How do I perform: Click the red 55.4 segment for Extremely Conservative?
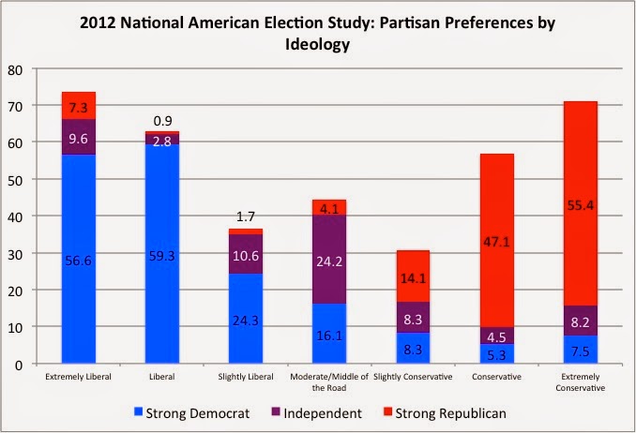tap(580, 203)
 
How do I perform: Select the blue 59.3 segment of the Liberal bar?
tap(162, 253)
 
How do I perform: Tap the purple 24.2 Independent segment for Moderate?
tap(329, 259)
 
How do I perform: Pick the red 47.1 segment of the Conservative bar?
tap(496, 241)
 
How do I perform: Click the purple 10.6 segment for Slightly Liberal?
tap(246, 254)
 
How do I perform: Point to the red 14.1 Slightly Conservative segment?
tap(413, 276)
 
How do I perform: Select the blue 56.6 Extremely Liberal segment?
tap(78, 259)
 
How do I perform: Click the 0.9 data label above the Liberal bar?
tap(162, 121)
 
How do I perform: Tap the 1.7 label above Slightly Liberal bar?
tap(246, 216)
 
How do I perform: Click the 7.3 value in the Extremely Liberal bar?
tap(78, 108)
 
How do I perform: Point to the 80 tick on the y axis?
tap(15, 70)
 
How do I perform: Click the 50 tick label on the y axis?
tap(15, 181)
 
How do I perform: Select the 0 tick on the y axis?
tap(19, 365)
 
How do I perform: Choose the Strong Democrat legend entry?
tap(192, 413)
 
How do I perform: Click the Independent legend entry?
tap(316, 413)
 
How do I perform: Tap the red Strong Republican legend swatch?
tap(387, 412)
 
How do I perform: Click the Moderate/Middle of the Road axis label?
tap(329, 381)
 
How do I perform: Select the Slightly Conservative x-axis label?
tap(413, 377)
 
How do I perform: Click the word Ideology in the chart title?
tap(318, 44)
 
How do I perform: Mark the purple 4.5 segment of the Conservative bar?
tap(496, 336)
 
